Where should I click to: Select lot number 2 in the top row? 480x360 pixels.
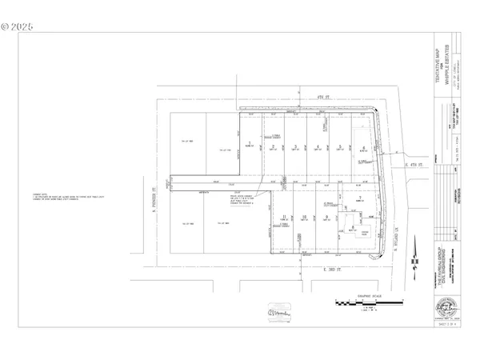[x=274, y=146]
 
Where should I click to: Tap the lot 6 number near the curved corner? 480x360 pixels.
[x=364, y=148]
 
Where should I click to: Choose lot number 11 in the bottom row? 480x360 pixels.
[x=285, y=217]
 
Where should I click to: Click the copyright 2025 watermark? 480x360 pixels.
[x=18, y=26]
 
